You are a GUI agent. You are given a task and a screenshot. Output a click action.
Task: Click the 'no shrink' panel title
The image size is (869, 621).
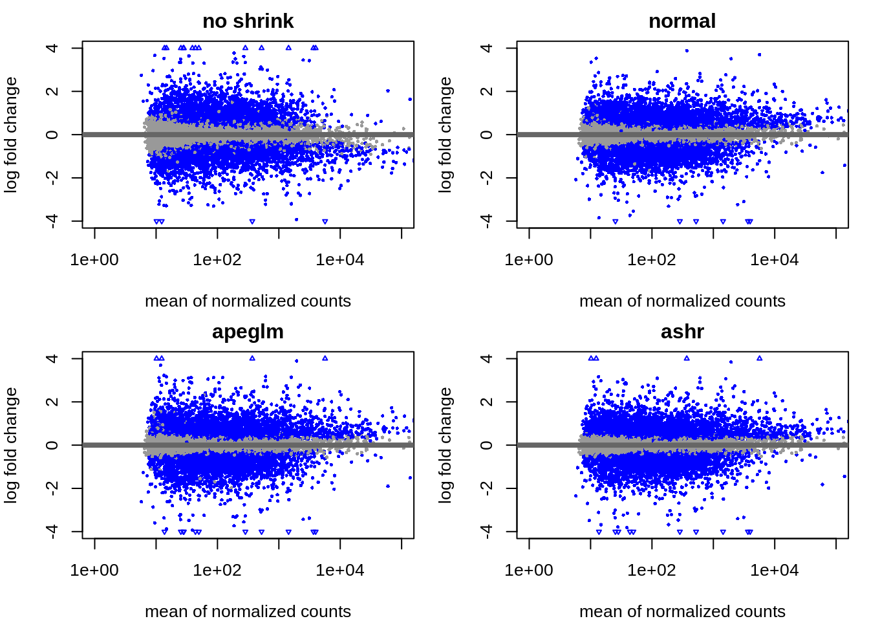pos(248,21)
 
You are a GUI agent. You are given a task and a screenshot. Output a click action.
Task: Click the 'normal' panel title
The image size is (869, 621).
pos(682,21)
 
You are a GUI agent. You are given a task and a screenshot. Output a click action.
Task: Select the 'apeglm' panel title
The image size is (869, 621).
pos(248,332)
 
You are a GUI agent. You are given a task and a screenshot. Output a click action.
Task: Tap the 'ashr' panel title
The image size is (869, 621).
pos(682,332)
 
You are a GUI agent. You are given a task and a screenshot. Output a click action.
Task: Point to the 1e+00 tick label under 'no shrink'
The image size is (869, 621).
pos(94,260)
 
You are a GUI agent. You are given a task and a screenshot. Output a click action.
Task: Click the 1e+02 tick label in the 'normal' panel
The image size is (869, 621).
pos(652,260)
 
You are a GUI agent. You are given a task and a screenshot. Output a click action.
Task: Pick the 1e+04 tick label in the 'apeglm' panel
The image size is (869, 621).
pos(340,571)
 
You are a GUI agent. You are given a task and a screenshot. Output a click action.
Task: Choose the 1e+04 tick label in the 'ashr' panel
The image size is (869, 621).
pos(775,571)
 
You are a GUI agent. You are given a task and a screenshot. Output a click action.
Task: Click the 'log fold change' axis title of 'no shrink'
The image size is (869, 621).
pos(11,135)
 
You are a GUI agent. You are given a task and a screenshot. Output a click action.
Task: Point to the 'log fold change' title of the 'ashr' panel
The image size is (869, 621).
pos(445,445)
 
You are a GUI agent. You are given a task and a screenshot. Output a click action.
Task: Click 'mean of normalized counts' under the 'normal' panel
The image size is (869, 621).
pos(682,301)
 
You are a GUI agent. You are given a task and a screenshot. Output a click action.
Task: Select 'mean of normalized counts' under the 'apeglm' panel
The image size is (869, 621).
pos(248,611)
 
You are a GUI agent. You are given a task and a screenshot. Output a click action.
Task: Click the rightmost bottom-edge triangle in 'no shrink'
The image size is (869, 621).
pos(325,222)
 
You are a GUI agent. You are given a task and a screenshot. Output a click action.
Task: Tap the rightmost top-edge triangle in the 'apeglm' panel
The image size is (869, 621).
pos(325,358)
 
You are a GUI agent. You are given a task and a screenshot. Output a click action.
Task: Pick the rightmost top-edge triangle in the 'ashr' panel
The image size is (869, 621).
pos(760,358)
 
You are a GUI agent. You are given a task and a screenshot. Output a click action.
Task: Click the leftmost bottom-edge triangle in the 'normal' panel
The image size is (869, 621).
pos(615,222)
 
